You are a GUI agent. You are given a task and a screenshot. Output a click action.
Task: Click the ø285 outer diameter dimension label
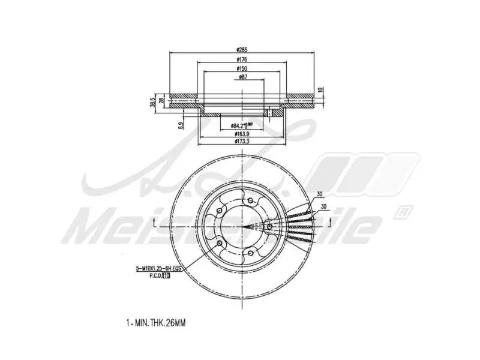click(242, 50)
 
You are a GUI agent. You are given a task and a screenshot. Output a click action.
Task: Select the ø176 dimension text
click(242, 60)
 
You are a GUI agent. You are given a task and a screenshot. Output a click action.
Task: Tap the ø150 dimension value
click(242, 69)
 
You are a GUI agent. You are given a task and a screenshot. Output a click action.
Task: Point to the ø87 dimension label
click(242, 77)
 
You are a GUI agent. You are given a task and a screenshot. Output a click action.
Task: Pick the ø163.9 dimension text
click(242, 134)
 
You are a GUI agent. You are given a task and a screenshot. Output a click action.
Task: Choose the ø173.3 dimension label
click(242, 142)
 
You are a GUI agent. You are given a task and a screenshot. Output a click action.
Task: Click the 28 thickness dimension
click(161, 101)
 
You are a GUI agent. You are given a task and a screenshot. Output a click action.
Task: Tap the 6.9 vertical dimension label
click(180, 125)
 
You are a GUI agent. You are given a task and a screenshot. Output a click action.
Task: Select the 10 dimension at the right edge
click(321, 89)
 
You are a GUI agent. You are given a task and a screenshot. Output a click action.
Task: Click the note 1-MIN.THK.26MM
click(156, 323)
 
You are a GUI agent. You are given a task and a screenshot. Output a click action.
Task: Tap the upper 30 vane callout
click(320, 194)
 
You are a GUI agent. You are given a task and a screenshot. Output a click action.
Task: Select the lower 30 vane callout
click(325, 206)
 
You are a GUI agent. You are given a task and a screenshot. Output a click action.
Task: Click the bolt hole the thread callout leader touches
click(219, 243)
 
